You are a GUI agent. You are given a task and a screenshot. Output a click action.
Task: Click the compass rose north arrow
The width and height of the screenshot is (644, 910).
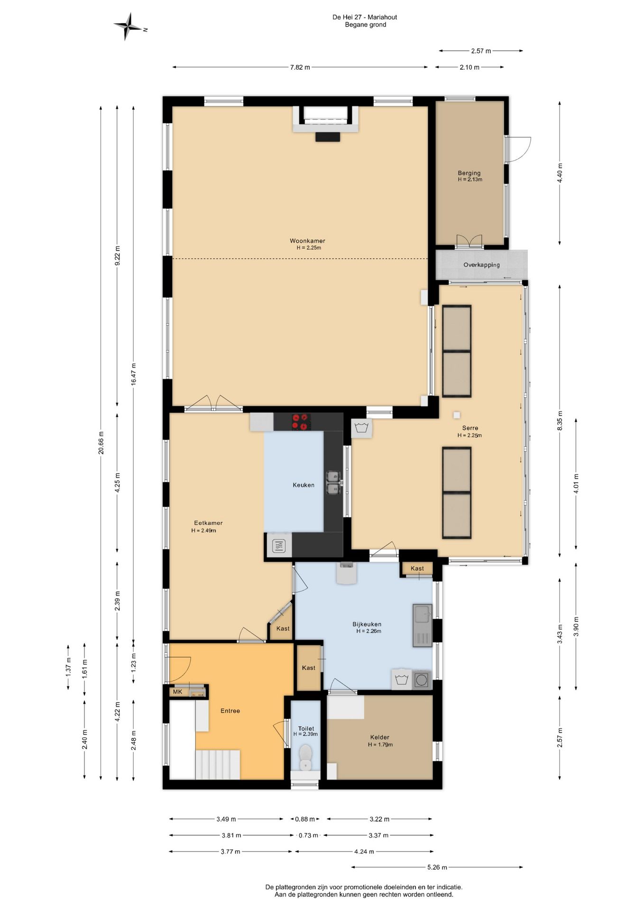tap(127, 27)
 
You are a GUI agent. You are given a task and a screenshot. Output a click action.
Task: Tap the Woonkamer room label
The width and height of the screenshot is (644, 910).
tap(307, 241)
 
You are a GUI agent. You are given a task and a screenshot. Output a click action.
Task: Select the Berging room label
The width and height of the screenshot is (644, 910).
tap(469, 173)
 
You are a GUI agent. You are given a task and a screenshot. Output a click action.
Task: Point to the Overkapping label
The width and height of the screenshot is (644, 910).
tap(481, 265)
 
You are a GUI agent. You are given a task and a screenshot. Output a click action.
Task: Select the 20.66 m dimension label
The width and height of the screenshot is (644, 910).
tap(101, 442)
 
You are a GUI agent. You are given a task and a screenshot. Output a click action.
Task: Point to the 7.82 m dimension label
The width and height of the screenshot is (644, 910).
tap(300, 67)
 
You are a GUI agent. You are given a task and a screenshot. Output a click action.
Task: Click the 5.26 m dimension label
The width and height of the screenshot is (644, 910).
tap(437, 867)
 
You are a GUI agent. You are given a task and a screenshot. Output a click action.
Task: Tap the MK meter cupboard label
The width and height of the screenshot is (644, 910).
tap(177, 692)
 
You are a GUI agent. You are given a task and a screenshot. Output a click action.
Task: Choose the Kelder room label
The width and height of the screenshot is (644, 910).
tap(380, 737)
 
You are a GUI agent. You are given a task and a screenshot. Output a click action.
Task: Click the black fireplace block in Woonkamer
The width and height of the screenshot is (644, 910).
tap(328, 136)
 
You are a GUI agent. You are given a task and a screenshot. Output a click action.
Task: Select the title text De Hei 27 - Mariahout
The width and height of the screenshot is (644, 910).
tap(365, 17)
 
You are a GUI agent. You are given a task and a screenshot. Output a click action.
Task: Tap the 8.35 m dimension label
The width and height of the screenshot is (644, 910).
tap(560, 420)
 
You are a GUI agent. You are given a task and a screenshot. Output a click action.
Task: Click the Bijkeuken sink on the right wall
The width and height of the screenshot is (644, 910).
tap(422, 626)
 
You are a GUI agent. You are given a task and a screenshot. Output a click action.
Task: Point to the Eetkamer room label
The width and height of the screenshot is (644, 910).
tap(208, 523)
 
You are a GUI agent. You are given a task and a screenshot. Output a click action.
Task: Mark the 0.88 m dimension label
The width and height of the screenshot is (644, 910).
tap(304, 819)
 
